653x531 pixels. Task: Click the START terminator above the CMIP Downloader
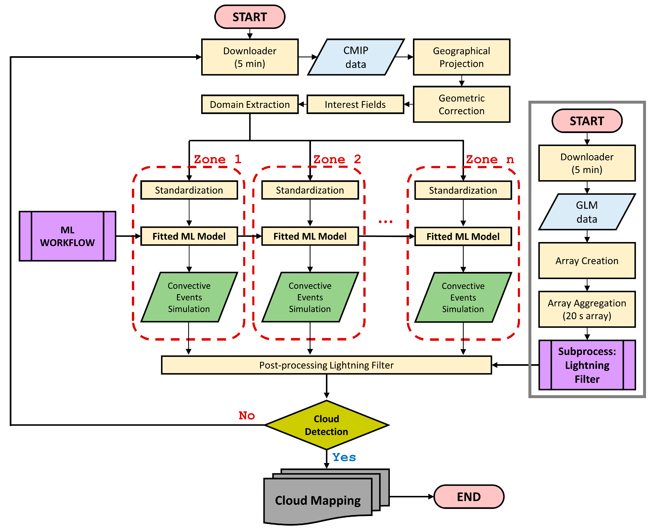click(x=250, y=17)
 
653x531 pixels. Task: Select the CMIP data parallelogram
click(x=356, y=57)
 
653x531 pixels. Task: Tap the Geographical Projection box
click(x=461, y=57)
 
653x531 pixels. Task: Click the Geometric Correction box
click(x=461, y=104)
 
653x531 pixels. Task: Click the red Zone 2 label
click(x=337, y=159)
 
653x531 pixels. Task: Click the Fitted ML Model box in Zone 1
click(x=189, y=236)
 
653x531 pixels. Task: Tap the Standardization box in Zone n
click(x=463, y=190)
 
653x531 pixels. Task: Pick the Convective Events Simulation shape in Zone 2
click(x=310, y=297)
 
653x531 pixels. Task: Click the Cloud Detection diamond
click(x=327, y=425)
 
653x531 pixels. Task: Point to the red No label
click(x=247, y=415)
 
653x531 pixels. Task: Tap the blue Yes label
click(x=344, y=457)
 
